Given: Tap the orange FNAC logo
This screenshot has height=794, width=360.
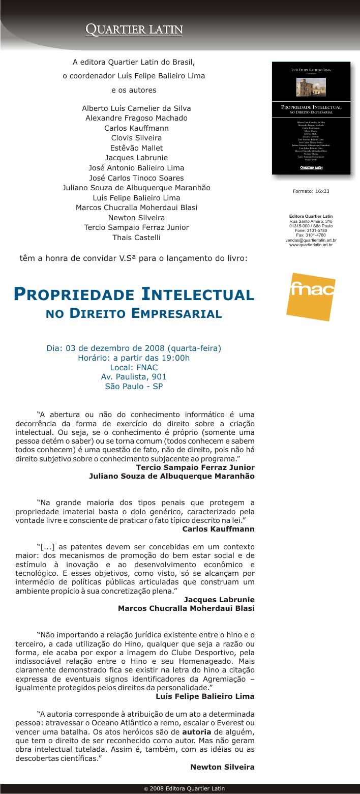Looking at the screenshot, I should pos(311,297).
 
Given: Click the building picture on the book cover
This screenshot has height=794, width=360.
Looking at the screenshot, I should pos(311,87).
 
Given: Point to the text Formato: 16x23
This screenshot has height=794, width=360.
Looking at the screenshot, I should pos(311,191).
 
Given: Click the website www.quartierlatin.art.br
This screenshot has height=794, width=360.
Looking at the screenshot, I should pos(311,245).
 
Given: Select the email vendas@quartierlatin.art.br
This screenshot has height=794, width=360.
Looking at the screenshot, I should pos(311,240).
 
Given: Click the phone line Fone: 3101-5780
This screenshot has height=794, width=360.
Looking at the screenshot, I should pos(311,230).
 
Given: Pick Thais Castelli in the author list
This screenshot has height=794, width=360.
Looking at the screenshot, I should pos(136,238).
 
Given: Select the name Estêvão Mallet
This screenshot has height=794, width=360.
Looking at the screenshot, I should pos(136,148).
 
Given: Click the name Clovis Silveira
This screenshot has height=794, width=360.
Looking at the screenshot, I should pos(136,138).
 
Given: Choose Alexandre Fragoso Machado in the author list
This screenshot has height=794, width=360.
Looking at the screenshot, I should pos(136,118).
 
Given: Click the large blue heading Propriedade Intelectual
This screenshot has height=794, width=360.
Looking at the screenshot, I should pos(134,295).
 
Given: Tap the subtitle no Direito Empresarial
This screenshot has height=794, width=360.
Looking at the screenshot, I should pos(134,313).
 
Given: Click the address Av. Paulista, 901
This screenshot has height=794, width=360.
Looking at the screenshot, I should pos(134,377).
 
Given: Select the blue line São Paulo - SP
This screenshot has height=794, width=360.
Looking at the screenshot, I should pos(134,387).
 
